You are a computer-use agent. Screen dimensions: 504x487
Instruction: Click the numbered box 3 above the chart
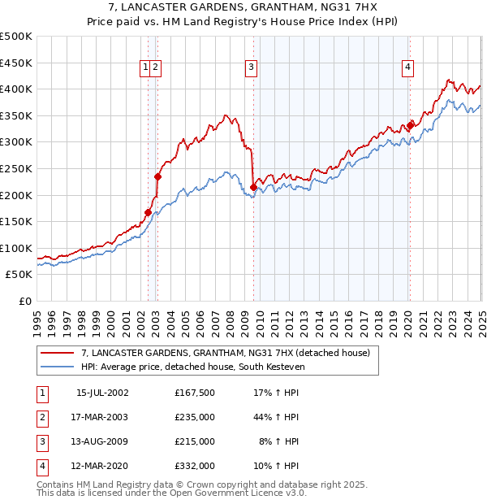tap(252, 68)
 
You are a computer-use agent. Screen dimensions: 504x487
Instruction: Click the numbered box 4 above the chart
tap(407, 68)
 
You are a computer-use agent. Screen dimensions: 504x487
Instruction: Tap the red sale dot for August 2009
tap(254, 188)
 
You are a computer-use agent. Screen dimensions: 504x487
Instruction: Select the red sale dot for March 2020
tap(411, 125)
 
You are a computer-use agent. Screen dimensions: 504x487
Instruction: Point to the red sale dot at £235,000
tap(158, 176)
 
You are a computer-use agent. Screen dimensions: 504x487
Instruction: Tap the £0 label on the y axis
tap(25, 301)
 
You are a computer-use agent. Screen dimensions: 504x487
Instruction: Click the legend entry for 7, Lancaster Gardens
tap(226, 353)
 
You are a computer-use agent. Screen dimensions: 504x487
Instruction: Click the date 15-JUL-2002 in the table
tap(102, 393)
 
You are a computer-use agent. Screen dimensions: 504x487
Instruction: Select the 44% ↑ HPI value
tap(277, 417)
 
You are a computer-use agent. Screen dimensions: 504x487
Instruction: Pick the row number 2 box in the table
tap(41, 417)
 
